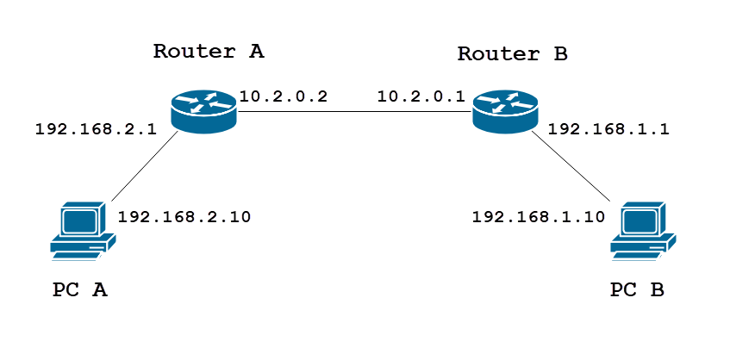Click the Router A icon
point(203,110)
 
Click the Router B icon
point(505,110)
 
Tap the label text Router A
point(209,51)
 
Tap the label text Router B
point(512,54)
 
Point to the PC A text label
point(80,290)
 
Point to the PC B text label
point(637,290)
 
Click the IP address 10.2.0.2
point(284,96)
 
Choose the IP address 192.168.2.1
point(95,130)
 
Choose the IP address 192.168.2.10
point(184,216)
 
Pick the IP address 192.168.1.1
point(608,130)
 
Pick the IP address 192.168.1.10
point(539,216)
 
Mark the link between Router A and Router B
point(353,111)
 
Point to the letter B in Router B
point(559,54)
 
